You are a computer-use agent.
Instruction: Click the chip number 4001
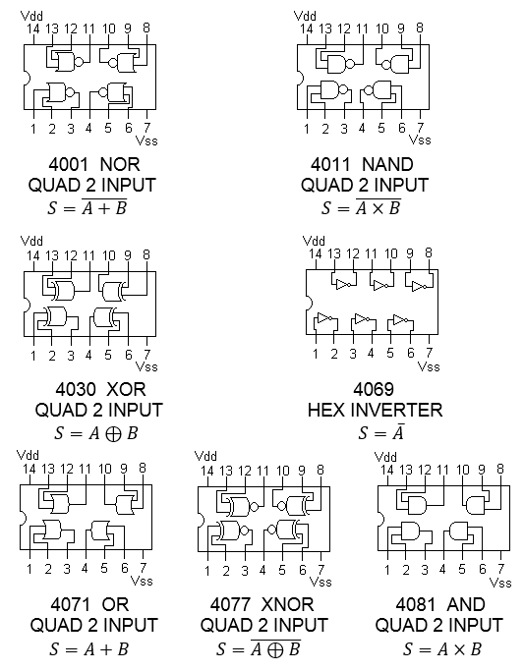click(x=69, y=165)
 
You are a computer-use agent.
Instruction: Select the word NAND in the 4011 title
click(x=387, y=165)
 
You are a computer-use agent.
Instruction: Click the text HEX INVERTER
click(x=375, y=410)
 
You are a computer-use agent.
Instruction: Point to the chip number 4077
click(x=230, y=604)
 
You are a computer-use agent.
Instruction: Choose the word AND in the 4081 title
click(x=465, y=604)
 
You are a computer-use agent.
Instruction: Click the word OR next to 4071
click(x=115, y=604)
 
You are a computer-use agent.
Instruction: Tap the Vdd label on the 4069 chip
click(x=314, y=241)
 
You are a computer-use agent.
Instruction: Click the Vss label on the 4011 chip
click(x=420, y=140)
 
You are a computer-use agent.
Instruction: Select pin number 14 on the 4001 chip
click(x=33, y=29)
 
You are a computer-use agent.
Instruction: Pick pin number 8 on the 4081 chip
click(x=500, y=469)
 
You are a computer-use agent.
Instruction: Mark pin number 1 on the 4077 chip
click(x=207, y=571)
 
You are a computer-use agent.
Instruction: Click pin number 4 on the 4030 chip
click(x=88, y=355)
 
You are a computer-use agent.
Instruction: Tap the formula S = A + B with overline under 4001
click(x=87, y=207)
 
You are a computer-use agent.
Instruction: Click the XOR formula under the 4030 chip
click(x=96, y=433)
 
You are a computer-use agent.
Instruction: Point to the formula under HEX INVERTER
click(x=381, y=432)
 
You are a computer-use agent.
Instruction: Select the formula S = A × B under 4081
click(x=442, y=649)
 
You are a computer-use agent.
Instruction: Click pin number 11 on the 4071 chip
click(x=85, y=469)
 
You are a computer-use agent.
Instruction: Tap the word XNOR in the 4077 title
click(x=287, y=604)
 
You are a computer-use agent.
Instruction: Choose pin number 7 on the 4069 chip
click(x=429, y=354)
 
